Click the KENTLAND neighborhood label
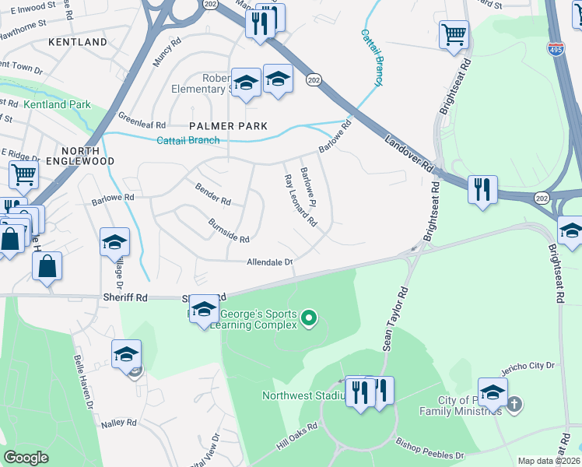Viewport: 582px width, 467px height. [x=78, y=41]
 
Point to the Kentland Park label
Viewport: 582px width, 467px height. [x=57, y=104]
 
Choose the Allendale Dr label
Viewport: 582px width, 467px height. [x=269, y=262]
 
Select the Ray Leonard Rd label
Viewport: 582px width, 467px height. [x=300, y=199]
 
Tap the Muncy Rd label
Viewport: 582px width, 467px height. [x=167, y=57]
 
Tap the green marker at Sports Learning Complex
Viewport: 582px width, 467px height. [x=309, y=318]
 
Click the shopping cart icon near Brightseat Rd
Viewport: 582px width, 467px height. [x=454, y=34]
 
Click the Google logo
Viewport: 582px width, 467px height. [x=26, y=458]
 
